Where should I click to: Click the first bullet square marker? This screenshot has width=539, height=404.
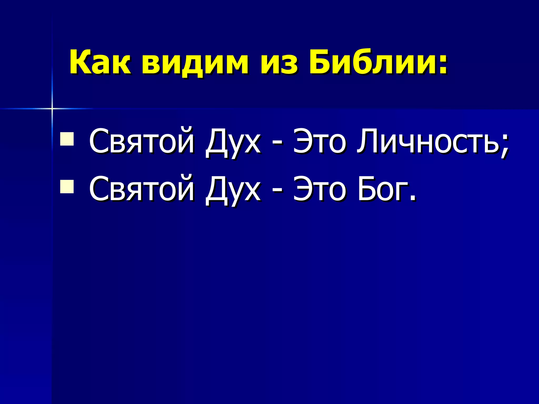[67, 139]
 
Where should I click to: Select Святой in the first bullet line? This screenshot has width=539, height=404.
[142, 142]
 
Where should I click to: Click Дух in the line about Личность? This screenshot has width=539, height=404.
[233, 143]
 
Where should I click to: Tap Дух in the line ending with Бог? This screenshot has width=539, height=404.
[233, 191]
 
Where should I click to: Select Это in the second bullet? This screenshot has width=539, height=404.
[320, 189]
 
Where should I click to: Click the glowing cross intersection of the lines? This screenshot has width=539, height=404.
[52, 108]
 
